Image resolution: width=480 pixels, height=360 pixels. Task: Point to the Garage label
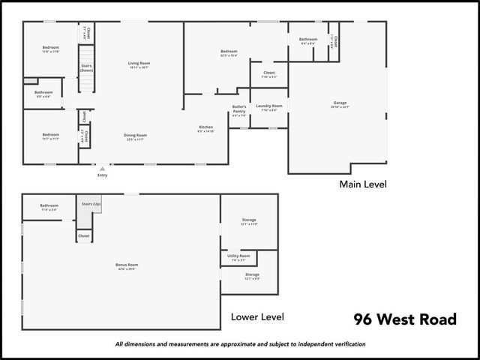pyautogui.click(x=340, y=103)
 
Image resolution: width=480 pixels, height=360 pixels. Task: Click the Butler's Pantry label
pyautogui.click(x=238, y=110)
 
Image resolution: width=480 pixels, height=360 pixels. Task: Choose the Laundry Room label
pyautogui.click(x=268, y=106)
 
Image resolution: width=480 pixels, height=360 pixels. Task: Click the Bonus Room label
pyautogui.click(x=127, y=264)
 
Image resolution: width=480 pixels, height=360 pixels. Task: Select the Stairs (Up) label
pyautogui.click(x=90, y=203)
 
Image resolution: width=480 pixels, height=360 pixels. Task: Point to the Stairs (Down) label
pyautogui.click(x=86, y=67)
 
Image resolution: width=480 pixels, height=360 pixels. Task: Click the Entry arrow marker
pyautogui.click(x=102, y=169)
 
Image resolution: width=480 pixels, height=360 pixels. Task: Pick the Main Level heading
pyautogui.click(x=363, y=184)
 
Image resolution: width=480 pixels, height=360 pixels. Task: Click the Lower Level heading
pyautogui.click(x=258, y=317)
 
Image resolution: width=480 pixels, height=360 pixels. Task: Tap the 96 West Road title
pyautogui.click(x=405, y=320)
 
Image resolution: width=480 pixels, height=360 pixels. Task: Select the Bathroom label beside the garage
pyautogui.click(x=308, y=39)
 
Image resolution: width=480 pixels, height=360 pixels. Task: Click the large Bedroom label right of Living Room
pyautogui.click(x=229, y=52)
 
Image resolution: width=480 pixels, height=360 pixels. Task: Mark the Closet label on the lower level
pyautogui.click(x=83, y=235)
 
